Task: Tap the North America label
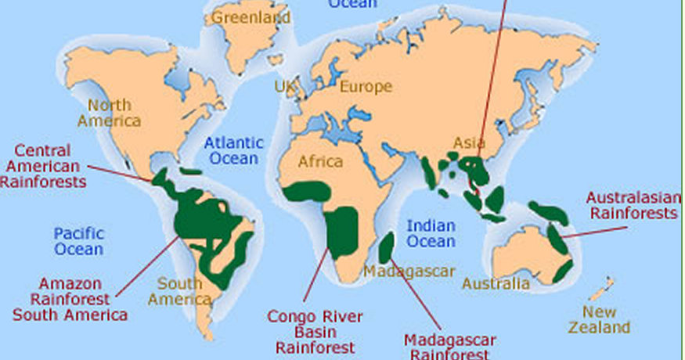point(109,113)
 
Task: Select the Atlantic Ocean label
point(234,150)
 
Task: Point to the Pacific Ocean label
point(78,241)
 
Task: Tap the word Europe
point(366,86)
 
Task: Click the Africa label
point(321,162)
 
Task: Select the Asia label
point(470,143)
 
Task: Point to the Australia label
point(496,283)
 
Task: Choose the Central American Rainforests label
point(42,166)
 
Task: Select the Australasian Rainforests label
point(633,204)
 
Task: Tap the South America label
point(179,291)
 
